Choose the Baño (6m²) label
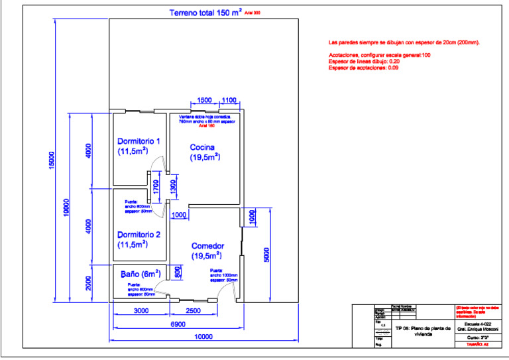(x=140, y=273)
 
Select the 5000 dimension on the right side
(x=266, y=254)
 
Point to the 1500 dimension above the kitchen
(x=205, y=100)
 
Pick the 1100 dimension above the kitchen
(x=229, y=100)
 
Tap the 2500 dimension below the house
(x=193, y=310)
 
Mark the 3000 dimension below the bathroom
(x=141, y=310)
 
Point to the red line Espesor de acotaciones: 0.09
(x=363, y=68)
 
